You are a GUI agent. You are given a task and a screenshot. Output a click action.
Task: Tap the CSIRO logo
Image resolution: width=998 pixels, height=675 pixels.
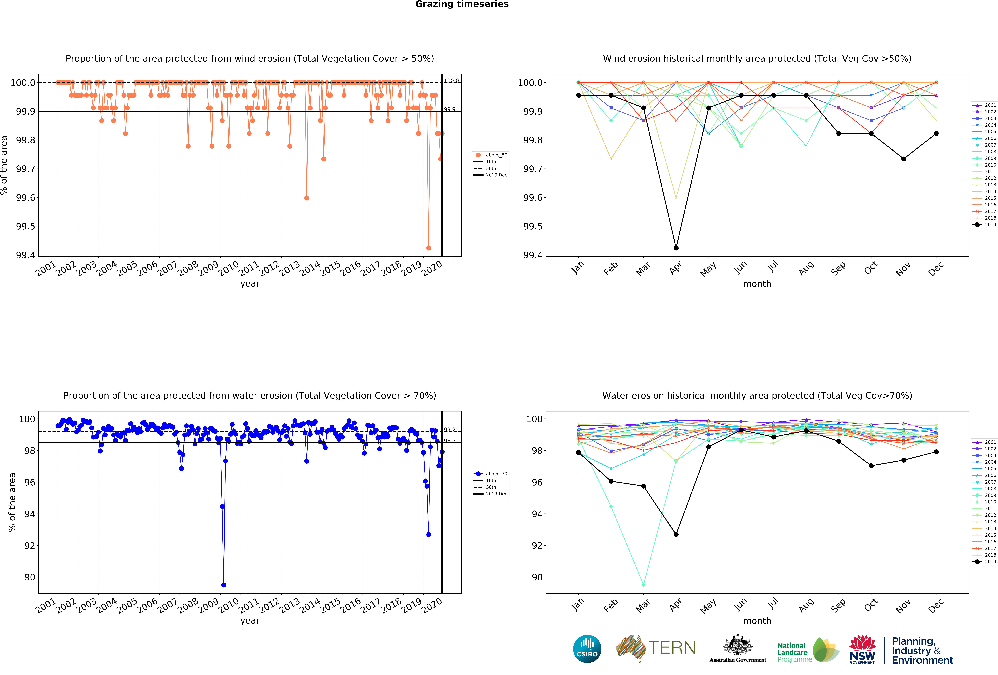(x=587, y=649)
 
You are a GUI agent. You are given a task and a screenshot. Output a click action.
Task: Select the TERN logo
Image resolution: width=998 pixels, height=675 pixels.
(x=656, y=648)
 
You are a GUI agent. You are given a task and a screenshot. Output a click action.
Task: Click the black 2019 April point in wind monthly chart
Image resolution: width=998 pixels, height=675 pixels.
(x=676, y=248)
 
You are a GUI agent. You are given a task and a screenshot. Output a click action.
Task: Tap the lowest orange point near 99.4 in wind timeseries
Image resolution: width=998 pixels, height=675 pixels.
(x=428, y=248)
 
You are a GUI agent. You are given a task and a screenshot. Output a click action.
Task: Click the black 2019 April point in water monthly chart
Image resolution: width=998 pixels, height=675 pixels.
(x=676, y=534)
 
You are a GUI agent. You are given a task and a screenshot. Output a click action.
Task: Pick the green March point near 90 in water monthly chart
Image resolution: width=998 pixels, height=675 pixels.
(x=643, y=585)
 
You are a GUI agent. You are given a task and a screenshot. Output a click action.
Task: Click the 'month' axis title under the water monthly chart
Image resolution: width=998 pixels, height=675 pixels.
(x=757, y=621)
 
